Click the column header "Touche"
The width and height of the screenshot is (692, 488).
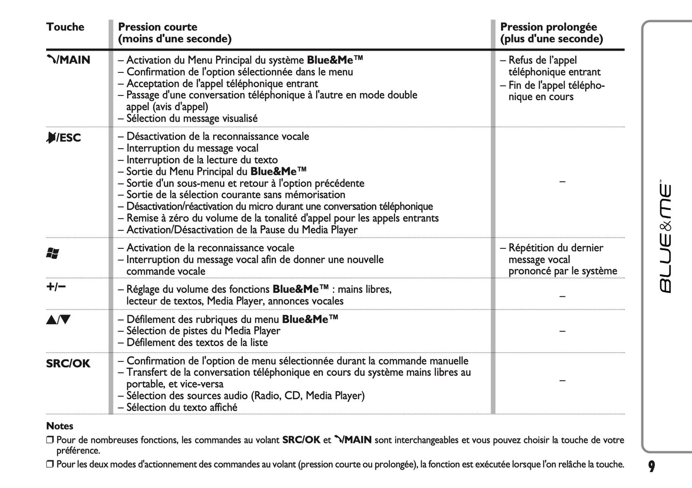pyautogui.click(x=65, y=27)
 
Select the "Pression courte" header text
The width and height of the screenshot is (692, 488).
pyautogui.click(x=158, y=27)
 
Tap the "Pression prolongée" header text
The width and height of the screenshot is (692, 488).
pyautogui.click(x=548, y=27)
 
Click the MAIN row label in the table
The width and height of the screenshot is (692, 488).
pyautogui.click(x=68, y=60)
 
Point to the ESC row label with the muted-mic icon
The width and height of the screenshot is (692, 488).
pyautogui.click(x=64, y=138)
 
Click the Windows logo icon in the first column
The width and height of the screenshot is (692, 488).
pyautogui.click(x=52, y=254)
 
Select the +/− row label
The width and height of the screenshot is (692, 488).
pyautogui.click(x=56, y=287)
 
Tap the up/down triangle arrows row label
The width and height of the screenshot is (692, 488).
pyautogui.click(x=58, y=319)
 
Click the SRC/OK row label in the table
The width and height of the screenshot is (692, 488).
pyautogui.click(x=68, y=363)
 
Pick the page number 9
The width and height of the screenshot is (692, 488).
pyautogui.click(x=651, y=466)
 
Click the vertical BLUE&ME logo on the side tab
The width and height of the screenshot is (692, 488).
pyautogui.click(x=666, y=238)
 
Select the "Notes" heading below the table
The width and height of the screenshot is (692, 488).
pyautogui.click(x=60, y=426)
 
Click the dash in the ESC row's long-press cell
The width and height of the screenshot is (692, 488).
pyautogui.click(x=562, y=182)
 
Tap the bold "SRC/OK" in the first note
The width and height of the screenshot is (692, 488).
pyautogui.click(x=301, y=440)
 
